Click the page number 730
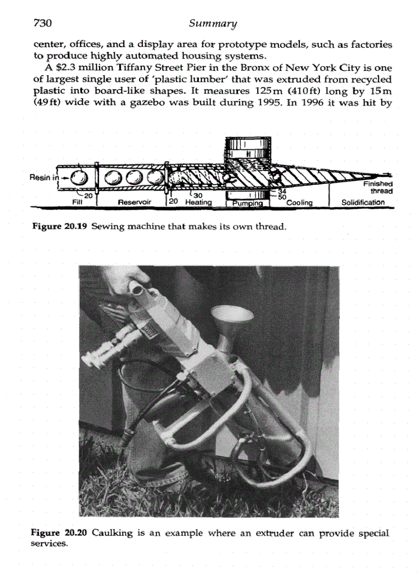44,23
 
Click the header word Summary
213,23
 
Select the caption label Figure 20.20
60,533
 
